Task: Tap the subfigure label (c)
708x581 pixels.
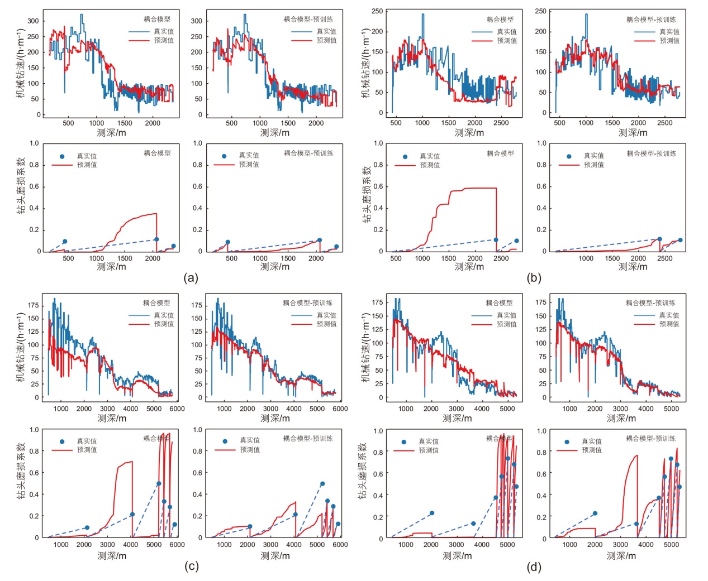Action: [191, 566]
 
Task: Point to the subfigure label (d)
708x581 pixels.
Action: [534, 567]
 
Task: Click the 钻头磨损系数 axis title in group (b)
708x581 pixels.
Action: [367, 194]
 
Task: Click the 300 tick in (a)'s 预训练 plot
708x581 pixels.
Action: [196, 21]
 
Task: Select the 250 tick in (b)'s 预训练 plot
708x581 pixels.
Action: [540, 11]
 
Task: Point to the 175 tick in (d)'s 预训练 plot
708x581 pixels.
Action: [540, 302]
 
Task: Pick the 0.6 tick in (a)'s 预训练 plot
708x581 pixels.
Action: [197, 186]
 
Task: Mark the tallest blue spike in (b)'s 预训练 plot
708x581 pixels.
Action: [586, 15]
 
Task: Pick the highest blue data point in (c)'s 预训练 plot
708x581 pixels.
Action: [322, 484]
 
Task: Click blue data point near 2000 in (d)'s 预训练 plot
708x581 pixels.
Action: [595, 513]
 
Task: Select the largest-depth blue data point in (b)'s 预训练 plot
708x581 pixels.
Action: [680, 240]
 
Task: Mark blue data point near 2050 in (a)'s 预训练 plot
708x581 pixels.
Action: [319, 240]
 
